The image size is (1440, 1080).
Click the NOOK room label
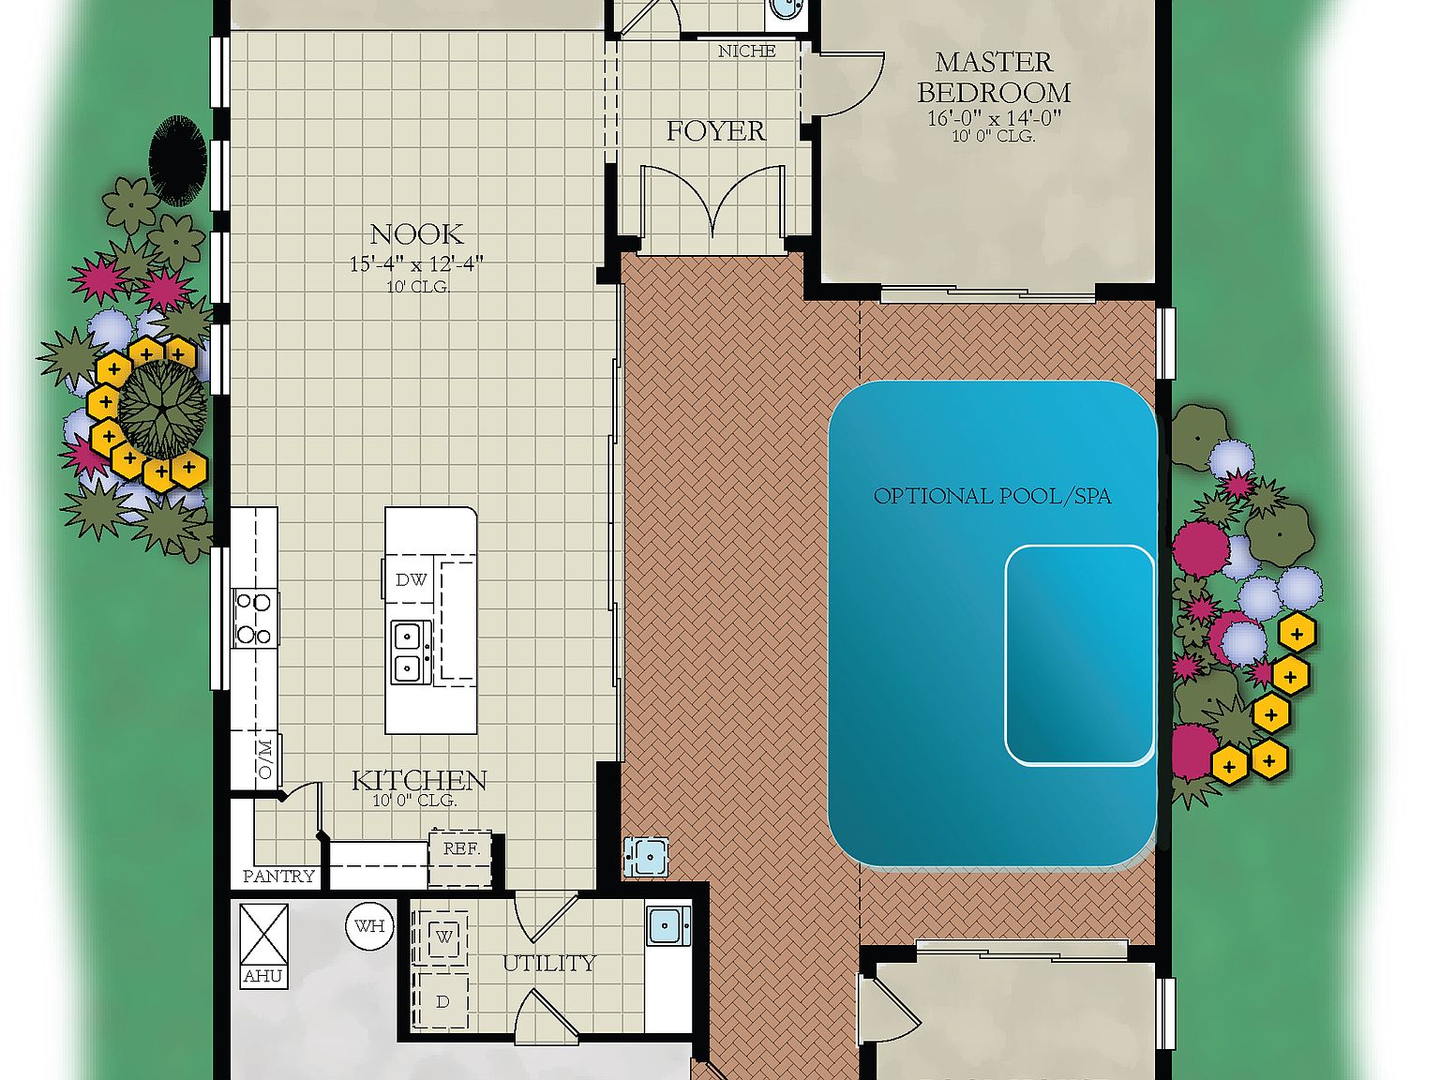pos(416,234)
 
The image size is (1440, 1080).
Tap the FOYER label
pos(715,131)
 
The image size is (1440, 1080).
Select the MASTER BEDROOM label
pos(994,78)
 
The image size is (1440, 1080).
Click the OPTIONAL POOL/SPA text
pos(992,496)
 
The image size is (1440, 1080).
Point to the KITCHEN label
pos(419,780)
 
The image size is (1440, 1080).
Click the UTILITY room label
pos(548,963)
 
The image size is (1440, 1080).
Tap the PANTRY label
pos(278,876)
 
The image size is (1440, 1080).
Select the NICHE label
pos(746,52)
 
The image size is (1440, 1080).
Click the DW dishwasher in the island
pos(411,579)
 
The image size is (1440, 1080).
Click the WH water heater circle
pos(369,926)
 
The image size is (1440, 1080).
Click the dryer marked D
pos(442,1001)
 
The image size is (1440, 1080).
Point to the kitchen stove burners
pos(255,618)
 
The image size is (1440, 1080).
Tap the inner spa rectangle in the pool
pos(1079,654)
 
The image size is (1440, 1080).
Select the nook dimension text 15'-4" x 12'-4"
pos(416,264)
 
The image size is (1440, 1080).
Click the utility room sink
pos(667,925)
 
